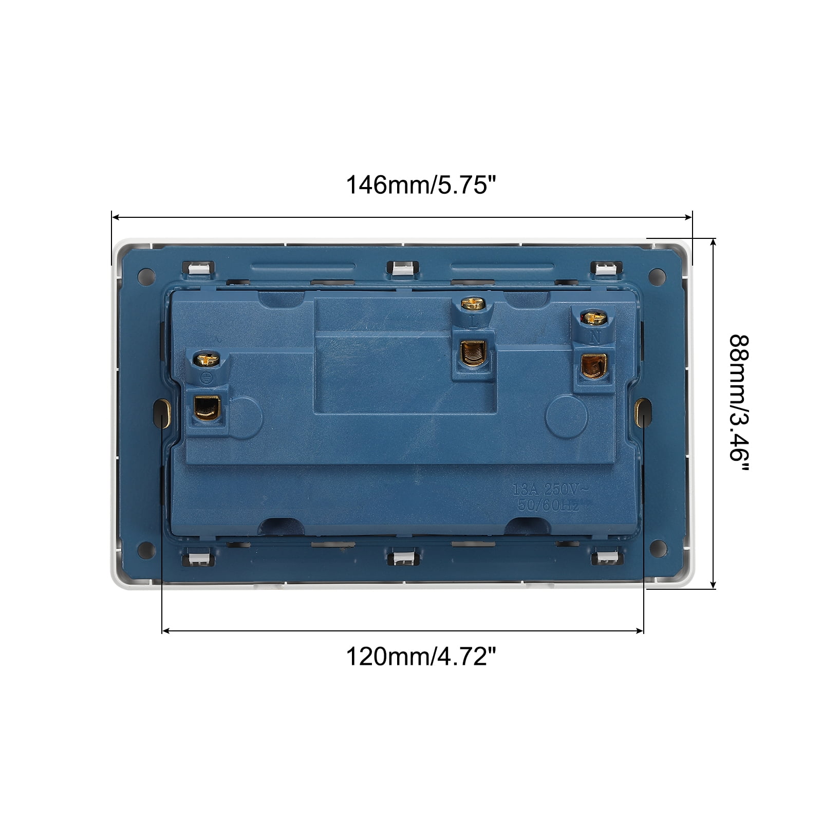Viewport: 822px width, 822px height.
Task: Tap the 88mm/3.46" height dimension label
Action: [740, 405]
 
